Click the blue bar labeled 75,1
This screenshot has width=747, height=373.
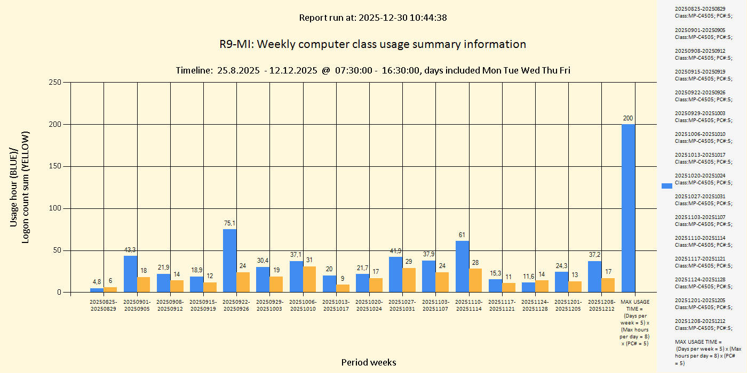(229, 261)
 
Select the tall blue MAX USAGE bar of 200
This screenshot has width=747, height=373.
(628, 208)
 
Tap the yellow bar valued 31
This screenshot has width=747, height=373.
(309, 279)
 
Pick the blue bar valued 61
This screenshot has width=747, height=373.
(462, 266)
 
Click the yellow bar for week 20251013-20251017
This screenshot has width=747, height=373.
(343, 288)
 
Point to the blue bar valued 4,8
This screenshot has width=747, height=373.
(97, 290)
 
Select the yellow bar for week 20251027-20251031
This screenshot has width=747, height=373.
(409, 280)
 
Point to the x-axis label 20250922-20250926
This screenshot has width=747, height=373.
(236, 305)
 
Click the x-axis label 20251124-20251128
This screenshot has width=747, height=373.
(535, 305)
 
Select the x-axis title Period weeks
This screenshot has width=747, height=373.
(369, 362)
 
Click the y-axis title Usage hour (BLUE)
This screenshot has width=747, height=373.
(14, 186)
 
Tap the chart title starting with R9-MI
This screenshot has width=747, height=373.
(372, 44)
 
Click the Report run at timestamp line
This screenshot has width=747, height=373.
(372, 18)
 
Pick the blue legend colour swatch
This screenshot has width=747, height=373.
(667, 185)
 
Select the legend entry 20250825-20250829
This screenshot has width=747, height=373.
(703, 12)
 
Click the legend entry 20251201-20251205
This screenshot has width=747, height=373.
(703, 304)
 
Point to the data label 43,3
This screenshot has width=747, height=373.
(130, 250)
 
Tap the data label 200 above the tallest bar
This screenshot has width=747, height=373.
(628, 118)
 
